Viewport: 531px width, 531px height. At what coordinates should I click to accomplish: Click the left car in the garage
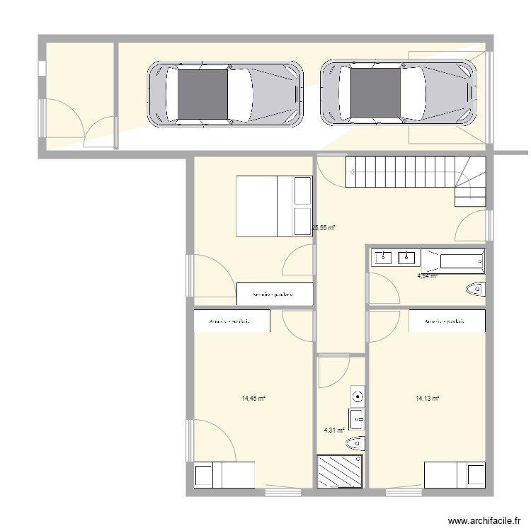[x=225, y=93]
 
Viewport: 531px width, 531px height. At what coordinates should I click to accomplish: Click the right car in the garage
[x=399, y=93]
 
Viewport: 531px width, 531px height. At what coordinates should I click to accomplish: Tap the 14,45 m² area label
[x=253, y=399]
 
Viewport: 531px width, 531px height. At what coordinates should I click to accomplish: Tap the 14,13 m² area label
[x=428, y=399]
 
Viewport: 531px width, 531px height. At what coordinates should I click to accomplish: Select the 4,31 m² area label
[x=333, y=430]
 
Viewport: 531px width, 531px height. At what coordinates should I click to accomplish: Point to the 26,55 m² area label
[x=323, y=228]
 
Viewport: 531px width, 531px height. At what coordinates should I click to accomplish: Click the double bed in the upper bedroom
[x=274, y=206]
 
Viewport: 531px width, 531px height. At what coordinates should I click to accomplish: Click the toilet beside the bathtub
[x=475, y=288]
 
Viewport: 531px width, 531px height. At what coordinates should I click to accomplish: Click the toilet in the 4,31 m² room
[x=355, y=443]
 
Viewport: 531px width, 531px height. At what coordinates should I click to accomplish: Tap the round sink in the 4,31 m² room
[x=358, y=397]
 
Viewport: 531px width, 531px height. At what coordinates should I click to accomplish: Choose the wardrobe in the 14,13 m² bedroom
[x=447, y=321]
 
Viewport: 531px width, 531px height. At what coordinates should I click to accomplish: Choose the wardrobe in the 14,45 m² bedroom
[x=232, y=321]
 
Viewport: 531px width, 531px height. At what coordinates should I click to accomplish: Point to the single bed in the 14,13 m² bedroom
[x=455, y=474]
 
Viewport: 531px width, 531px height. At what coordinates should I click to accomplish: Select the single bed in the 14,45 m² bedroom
[x=224, y=474]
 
